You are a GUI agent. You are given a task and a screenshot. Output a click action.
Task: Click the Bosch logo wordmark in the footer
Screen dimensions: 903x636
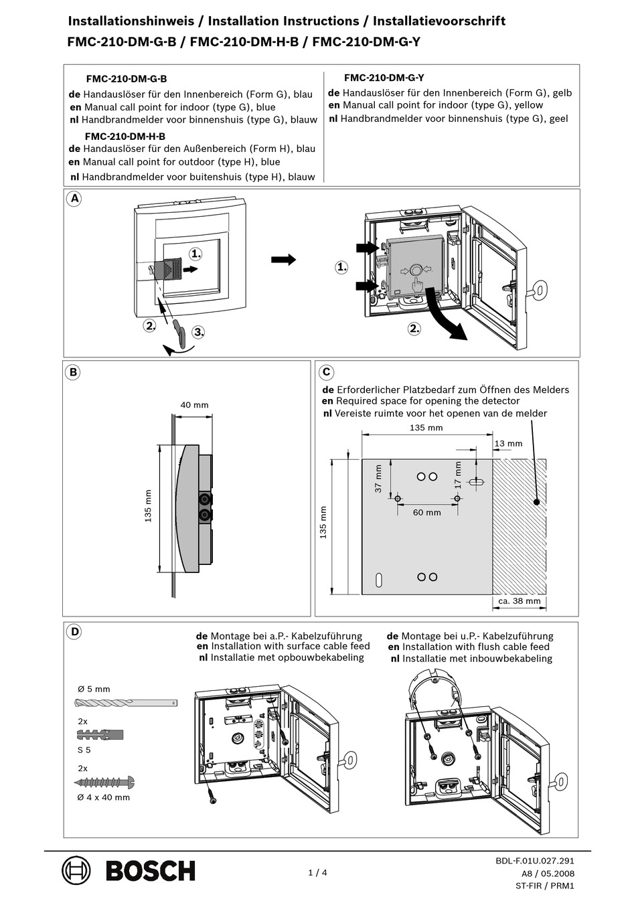[150, 871]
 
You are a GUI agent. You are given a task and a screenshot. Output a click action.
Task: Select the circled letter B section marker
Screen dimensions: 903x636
[73, 373]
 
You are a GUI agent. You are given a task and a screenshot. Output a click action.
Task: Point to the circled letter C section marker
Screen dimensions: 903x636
[325, 373]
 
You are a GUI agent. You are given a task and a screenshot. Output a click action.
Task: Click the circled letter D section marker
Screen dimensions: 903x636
[74, 632]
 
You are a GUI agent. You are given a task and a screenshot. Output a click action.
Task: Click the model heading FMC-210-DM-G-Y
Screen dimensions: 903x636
[384, 78]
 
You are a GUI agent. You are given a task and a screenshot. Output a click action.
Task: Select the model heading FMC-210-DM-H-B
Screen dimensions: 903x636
[125, 136]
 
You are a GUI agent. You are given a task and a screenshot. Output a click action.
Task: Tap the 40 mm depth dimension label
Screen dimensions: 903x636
[194, 404]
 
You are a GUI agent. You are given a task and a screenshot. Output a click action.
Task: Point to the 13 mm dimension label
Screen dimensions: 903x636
[508, 443]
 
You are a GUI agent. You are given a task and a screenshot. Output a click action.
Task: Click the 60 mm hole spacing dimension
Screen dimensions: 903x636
[426, 512]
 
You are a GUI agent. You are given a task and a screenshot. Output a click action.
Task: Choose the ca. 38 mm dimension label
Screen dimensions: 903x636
[519, 600]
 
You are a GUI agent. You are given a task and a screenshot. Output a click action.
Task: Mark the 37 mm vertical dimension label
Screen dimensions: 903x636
[378, 479]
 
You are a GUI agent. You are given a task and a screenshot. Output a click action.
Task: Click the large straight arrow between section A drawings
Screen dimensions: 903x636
[283, 260]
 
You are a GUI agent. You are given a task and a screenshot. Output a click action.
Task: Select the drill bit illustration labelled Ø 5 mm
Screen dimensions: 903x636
[125, 703]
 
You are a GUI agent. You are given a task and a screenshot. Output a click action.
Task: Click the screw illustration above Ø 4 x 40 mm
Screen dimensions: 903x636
[104, 782]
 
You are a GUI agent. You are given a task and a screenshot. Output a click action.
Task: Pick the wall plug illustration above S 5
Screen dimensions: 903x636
[100, 735]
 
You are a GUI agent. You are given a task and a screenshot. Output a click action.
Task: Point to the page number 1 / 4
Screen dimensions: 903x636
[317, 872]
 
